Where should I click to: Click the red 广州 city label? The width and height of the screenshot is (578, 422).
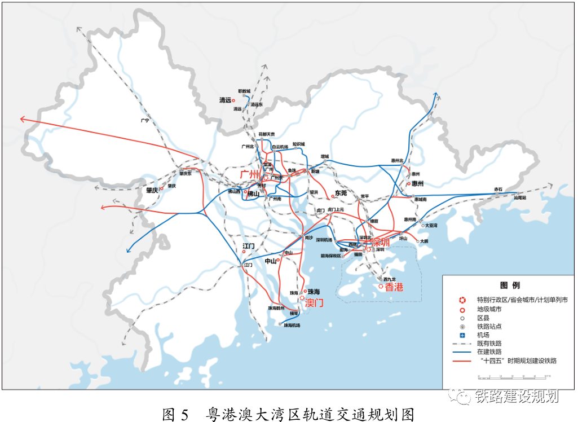click(250, 174)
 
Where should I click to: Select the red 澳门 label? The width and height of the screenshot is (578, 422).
click(314, 302)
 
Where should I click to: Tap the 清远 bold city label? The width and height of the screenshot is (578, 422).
click(225, 100)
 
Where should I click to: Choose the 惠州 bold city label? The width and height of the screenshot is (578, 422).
click(418, 184)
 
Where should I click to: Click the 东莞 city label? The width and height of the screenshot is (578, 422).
click(341, 193)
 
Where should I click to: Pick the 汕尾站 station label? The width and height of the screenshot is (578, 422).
click(519, 199)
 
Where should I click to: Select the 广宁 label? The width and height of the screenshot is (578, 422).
click(145, 121)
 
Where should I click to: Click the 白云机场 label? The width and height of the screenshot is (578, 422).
click(280, 147)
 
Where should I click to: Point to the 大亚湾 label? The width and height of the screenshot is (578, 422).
click(431, 226)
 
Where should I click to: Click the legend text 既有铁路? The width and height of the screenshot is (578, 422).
click(489, 343)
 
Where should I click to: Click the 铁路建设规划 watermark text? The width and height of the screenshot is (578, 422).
click(517, 396)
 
